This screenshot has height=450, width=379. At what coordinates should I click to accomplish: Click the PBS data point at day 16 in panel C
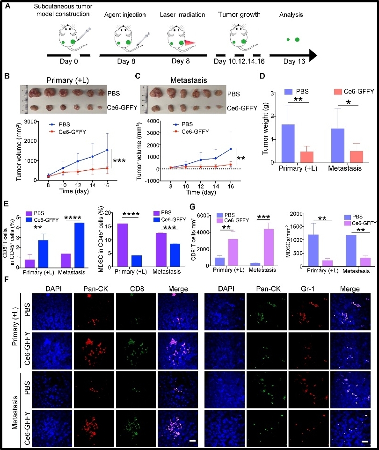point(230,149)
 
